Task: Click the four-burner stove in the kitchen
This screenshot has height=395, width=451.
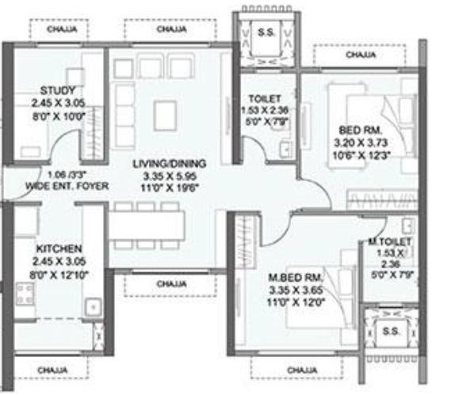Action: pyautogui.click(x=25, y=295)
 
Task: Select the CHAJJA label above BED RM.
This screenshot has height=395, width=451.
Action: pyautogui.click(x=361, y=56)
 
